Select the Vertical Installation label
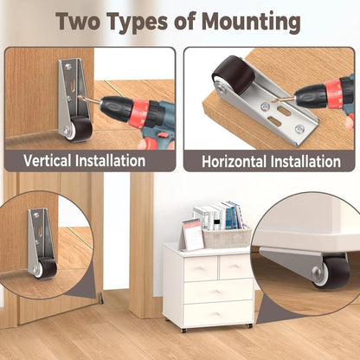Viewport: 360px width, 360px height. [x=85, y=160]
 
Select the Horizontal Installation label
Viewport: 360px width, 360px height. [x=271, y=162]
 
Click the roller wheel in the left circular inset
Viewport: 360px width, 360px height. [x=46, y=269]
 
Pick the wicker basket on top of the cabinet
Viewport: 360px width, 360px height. [x=227, y=237]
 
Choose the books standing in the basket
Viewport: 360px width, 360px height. [x=216, y=215]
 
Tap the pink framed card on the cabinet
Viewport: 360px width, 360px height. [x=192, y=234]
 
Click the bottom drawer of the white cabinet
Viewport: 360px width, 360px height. [x=217, y=312]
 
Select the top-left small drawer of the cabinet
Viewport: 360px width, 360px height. [x=201, y=267]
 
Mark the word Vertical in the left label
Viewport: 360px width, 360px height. [x=47, y=160]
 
